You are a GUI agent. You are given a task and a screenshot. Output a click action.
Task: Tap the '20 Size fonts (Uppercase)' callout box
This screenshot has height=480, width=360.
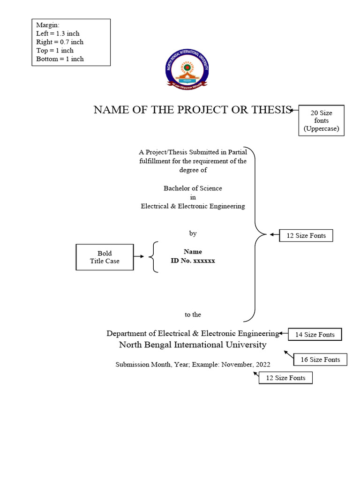[x=321, y=120]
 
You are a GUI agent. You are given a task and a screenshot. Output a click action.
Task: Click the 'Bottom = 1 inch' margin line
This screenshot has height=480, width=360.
[x=60, y=59]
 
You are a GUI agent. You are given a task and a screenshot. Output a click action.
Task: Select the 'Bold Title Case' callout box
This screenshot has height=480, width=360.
[x=105, y=257]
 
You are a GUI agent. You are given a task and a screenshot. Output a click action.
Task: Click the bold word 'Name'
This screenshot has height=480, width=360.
[x=193, y=252]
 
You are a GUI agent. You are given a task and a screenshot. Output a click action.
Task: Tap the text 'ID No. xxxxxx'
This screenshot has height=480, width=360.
[x=193, y=261]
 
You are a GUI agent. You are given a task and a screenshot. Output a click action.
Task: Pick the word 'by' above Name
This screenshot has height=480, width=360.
[x=193, y=233]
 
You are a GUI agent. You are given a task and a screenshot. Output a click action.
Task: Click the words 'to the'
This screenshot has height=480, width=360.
[x=193, y=315]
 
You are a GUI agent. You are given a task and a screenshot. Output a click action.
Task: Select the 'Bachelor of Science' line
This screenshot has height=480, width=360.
[x=193, y=188]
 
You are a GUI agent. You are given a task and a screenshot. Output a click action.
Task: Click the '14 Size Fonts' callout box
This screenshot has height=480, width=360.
[x=315, y=335]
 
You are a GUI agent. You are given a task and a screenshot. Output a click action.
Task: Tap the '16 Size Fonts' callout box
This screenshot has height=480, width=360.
[x=320, y=360]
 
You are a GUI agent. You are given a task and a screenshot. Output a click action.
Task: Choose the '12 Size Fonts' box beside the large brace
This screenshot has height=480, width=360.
[x=306, y=235]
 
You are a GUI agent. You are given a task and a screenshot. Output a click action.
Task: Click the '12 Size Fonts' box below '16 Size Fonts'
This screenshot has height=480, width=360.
[x=285, y=378]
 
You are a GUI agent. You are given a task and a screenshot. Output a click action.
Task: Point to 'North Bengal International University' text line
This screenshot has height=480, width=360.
[x=193, y=345]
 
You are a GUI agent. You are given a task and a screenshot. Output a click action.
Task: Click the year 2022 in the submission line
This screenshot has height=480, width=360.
[x=262, y=364]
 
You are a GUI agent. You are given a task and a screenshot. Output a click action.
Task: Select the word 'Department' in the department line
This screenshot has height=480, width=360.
[x=125, y=334]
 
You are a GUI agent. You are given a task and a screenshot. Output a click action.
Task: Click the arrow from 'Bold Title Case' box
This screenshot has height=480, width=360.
[x=139, y=257]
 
